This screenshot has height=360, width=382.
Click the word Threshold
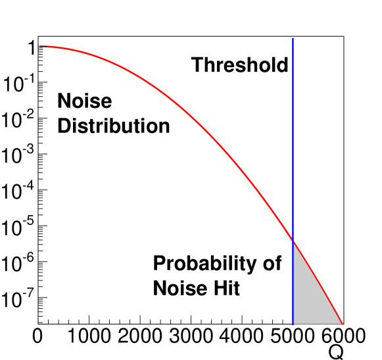pos(240,64)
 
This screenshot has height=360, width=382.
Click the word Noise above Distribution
pos(85,101)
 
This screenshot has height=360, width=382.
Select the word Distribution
pos(114,126)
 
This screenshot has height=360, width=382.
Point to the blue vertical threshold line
pos(293,181)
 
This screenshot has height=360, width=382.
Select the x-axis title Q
pos(336,352)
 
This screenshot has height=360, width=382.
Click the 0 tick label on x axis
pos(37,336)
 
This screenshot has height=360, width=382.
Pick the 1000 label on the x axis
pos(89,336)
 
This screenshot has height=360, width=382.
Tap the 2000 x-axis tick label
pos(140,336)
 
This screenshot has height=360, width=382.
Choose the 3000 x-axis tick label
pos(191,336)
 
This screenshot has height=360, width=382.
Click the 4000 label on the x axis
pos(242,336)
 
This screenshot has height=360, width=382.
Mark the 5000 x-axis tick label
pos(293,336)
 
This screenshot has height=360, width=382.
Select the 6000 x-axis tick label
pos(343,336)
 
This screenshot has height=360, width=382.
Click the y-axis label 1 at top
pos(32,47)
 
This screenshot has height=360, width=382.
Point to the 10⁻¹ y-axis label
pos(18,84)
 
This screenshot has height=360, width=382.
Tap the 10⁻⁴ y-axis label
pos(18,191)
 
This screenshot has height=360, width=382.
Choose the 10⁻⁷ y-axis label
pos(18,299)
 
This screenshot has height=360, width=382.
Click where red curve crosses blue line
pos(293,242)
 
